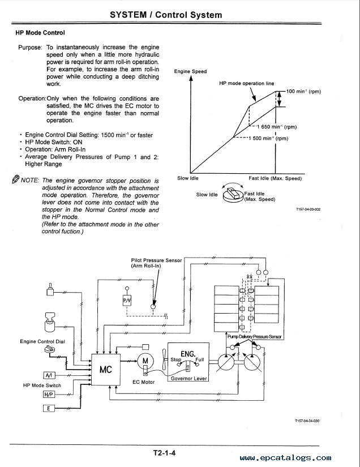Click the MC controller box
(106, 369)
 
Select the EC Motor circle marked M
(145, 361)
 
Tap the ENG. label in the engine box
(188, 354)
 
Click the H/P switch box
(49, 395)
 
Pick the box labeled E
(49, 408)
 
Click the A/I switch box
(49, 375)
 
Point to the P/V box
(127, 301)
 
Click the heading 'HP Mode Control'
(40, 33)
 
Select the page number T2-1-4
(164, 453)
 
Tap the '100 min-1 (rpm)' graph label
(303, 92)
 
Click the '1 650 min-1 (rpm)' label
(277, 127)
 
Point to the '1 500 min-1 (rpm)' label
(268, 139)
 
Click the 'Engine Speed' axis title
(190, 71)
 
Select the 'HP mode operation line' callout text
(247, 83)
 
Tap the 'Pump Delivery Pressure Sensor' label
(254, 337)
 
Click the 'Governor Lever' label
(189, 378)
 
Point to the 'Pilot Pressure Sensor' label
(156, 260)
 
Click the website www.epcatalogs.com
(285, 458)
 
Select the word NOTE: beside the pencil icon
(30, 181)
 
